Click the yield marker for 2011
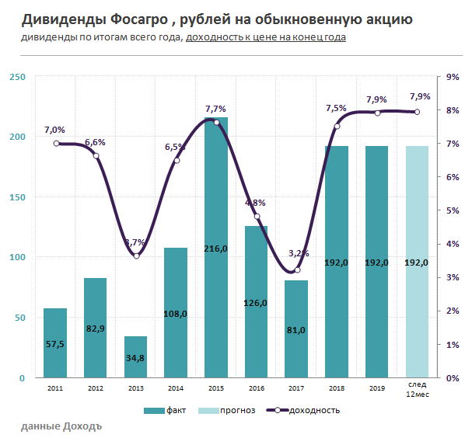pos(56,143)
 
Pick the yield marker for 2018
pos(337,127)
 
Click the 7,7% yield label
pos(215,109)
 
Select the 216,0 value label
pos(215,249)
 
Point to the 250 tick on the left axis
pos(17,76)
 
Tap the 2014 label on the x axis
pos(175,388)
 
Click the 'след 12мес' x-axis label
pos(417,392)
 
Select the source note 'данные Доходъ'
pos(61,426)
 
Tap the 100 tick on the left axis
pos(17,257)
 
